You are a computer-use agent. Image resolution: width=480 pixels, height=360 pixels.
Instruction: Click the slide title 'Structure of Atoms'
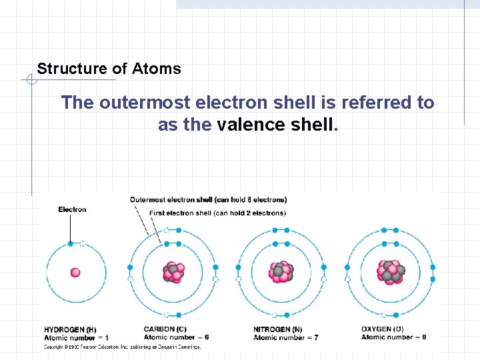click(x=109, y=69)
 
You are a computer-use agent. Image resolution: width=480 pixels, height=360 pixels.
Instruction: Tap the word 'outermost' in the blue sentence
click(x=136, y=103)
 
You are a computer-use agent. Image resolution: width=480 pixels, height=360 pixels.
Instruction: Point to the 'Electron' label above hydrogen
click(x=72, y=209)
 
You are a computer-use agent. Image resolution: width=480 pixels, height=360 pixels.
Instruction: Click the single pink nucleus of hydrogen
click(x=75, y=272)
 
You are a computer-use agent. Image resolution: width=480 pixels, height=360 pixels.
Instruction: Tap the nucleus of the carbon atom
click(x=173, y=273)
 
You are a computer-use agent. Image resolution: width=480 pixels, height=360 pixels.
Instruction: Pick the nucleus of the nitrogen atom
click(x=281, y=272)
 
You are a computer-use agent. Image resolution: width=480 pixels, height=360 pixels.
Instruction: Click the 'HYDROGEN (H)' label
click(x=70, y=329)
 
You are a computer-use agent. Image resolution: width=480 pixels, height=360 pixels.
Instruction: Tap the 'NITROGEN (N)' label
click(x=277, y=329)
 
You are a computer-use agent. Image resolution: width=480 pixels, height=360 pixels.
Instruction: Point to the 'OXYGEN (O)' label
click(x=382, y=329)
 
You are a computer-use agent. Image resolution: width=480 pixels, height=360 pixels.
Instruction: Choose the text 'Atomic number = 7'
click(x=285, y=338)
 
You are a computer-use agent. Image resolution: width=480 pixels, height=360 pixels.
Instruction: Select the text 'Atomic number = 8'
click(x=393, y=337)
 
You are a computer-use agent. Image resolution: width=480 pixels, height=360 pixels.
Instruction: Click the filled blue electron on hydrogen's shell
click(x=70, y=244)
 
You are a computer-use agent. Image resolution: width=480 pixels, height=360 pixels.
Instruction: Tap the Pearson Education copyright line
click(x=122, y=347)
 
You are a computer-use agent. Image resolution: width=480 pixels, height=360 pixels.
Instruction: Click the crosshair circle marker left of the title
click(x=31, y=81)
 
